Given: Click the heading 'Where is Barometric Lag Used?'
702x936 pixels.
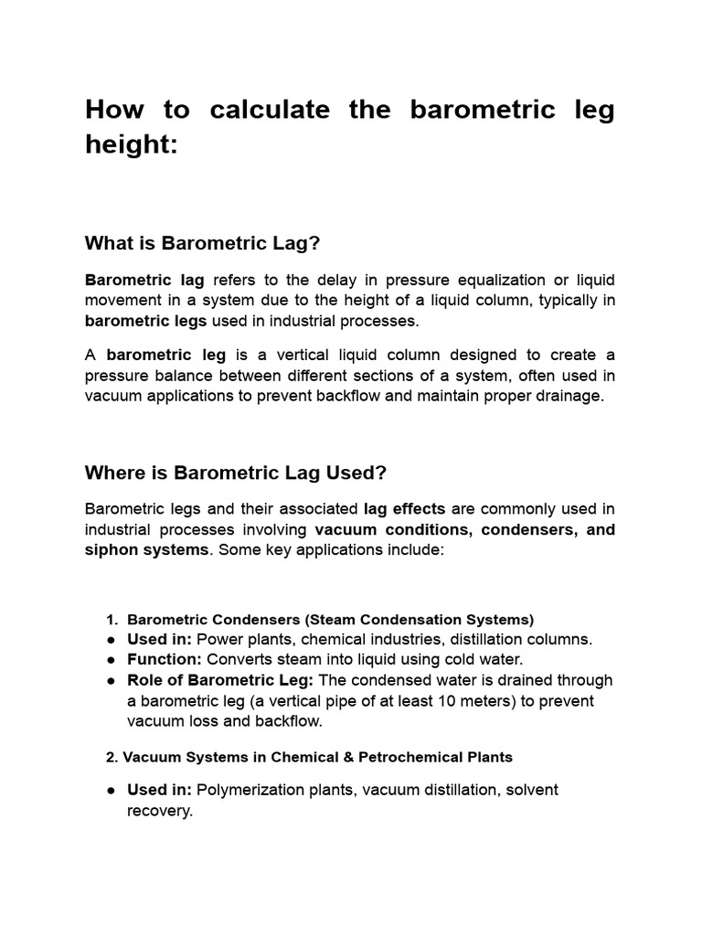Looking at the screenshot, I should (x=236, y=473).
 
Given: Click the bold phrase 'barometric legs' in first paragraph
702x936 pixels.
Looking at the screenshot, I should (x=146, y=321).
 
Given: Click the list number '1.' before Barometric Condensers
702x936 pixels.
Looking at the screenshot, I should (x=113, y=619).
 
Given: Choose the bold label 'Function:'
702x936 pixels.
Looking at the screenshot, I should (x=165, y=659).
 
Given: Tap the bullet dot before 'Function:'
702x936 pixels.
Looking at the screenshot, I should (x=110, y=660).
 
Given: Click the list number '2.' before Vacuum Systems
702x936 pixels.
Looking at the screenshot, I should (x=112, y=757).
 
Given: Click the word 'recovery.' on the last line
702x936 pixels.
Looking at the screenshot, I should (x=160, y=811).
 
